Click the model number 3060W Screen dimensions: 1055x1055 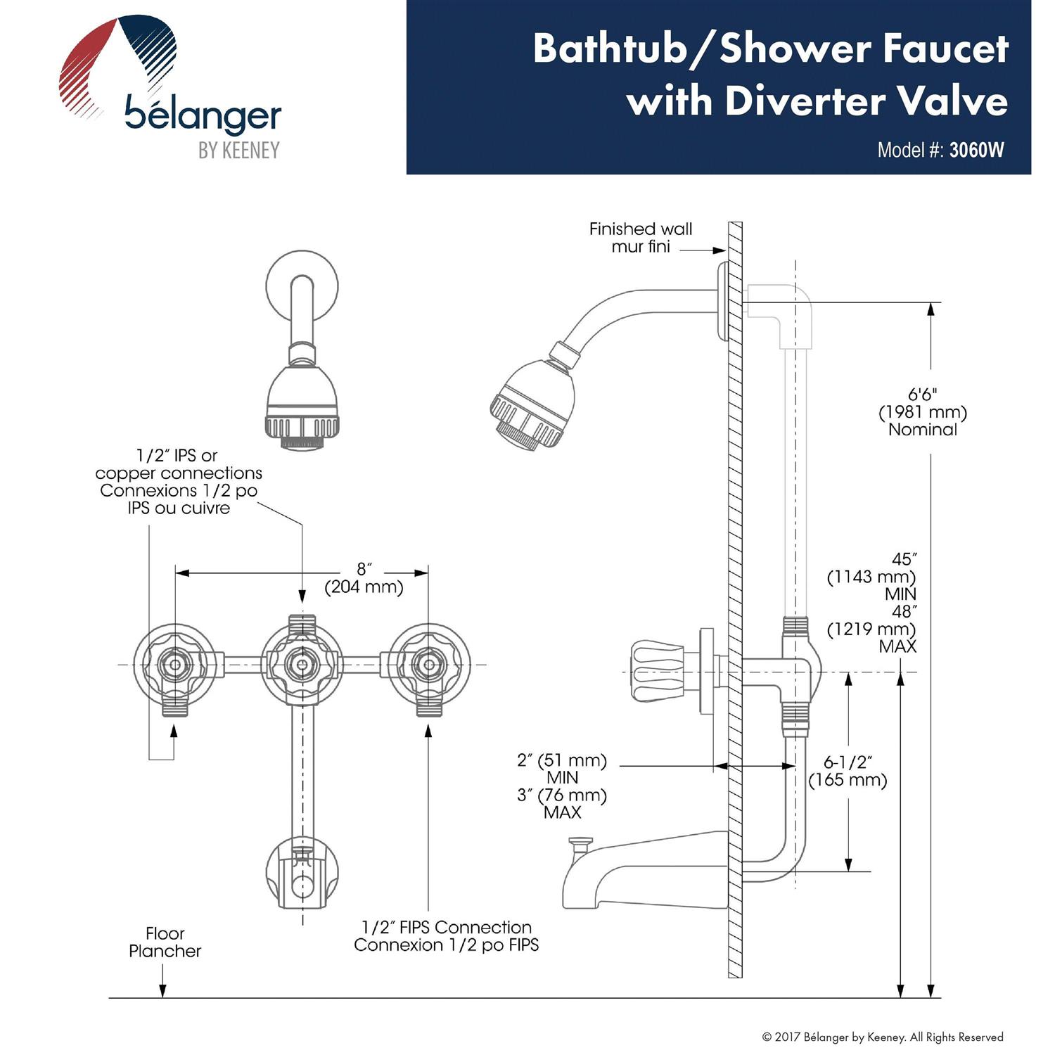tap(976, 150)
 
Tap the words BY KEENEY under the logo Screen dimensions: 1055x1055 tap(238, 151)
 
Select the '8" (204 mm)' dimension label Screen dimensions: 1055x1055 tap(363, 578)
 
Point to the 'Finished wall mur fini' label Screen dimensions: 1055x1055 tap(640, 238)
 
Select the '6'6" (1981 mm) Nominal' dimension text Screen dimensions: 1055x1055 tap(922, 412)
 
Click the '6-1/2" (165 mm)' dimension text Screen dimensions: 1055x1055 tap(848, 772)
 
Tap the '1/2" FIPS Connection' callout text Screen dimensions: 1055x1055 tap(446, 936)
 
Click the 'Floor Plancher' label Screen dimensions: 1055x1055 tap(165, 942)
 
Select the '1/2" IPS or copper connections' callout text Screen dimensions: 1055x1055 tap(179, 482)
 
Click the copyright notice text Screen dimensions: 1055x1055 tap(883, 1037)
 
